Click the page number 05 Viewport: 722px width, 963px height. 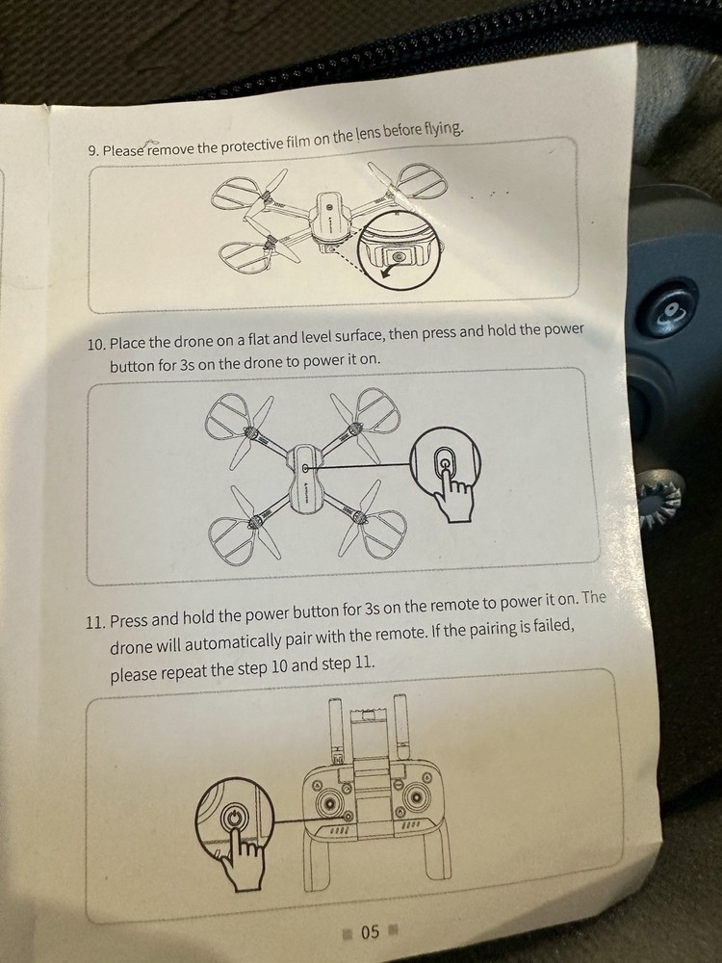pos(371,931)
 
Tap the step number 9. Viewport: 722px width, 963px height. pos(93,151)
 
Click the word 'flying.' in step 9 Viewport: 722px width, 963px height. pos(443,129)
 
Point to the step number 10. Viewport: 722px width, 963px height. pos(96,344)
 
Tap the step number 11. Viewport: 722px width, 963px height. pos(95,621)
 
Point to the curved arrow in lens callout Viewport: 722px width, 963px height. pos(391,271)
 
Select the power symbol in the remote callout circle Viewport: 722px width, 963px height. pos(235,818)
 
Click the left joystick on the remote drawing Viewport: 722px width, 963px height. pos(329,801)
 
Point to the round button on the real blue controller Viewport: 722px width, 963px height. pos(670,311)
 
